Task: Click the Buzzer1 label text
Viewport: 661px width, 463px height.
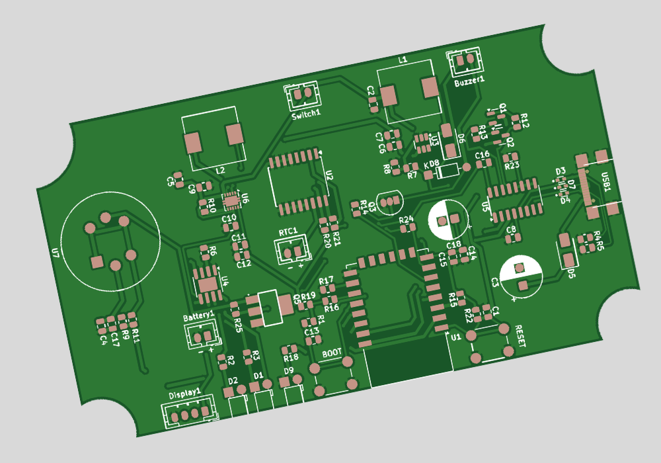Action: point(469,79)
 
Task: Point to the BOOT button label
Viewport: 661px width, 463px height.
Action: point(332,354)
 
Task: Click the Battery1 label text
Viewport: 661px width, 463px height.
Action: point(198,317)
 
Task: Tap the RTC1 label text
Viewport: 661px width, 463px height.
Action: point(288,232)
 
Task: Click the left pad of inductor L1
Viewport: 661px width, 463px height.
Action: point(390,96)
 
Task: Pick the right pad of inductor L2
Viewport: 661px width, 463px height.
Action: point(235,134)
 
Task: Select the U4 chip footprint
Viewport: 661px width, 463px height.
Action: point(206,280)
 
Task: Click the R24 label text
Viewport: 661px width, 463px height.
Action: point(406,218)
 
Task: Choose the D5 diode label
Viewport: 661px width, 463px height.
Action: point(571,273)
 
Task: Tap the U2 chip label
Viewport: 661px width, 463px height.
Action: point(329,175)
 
